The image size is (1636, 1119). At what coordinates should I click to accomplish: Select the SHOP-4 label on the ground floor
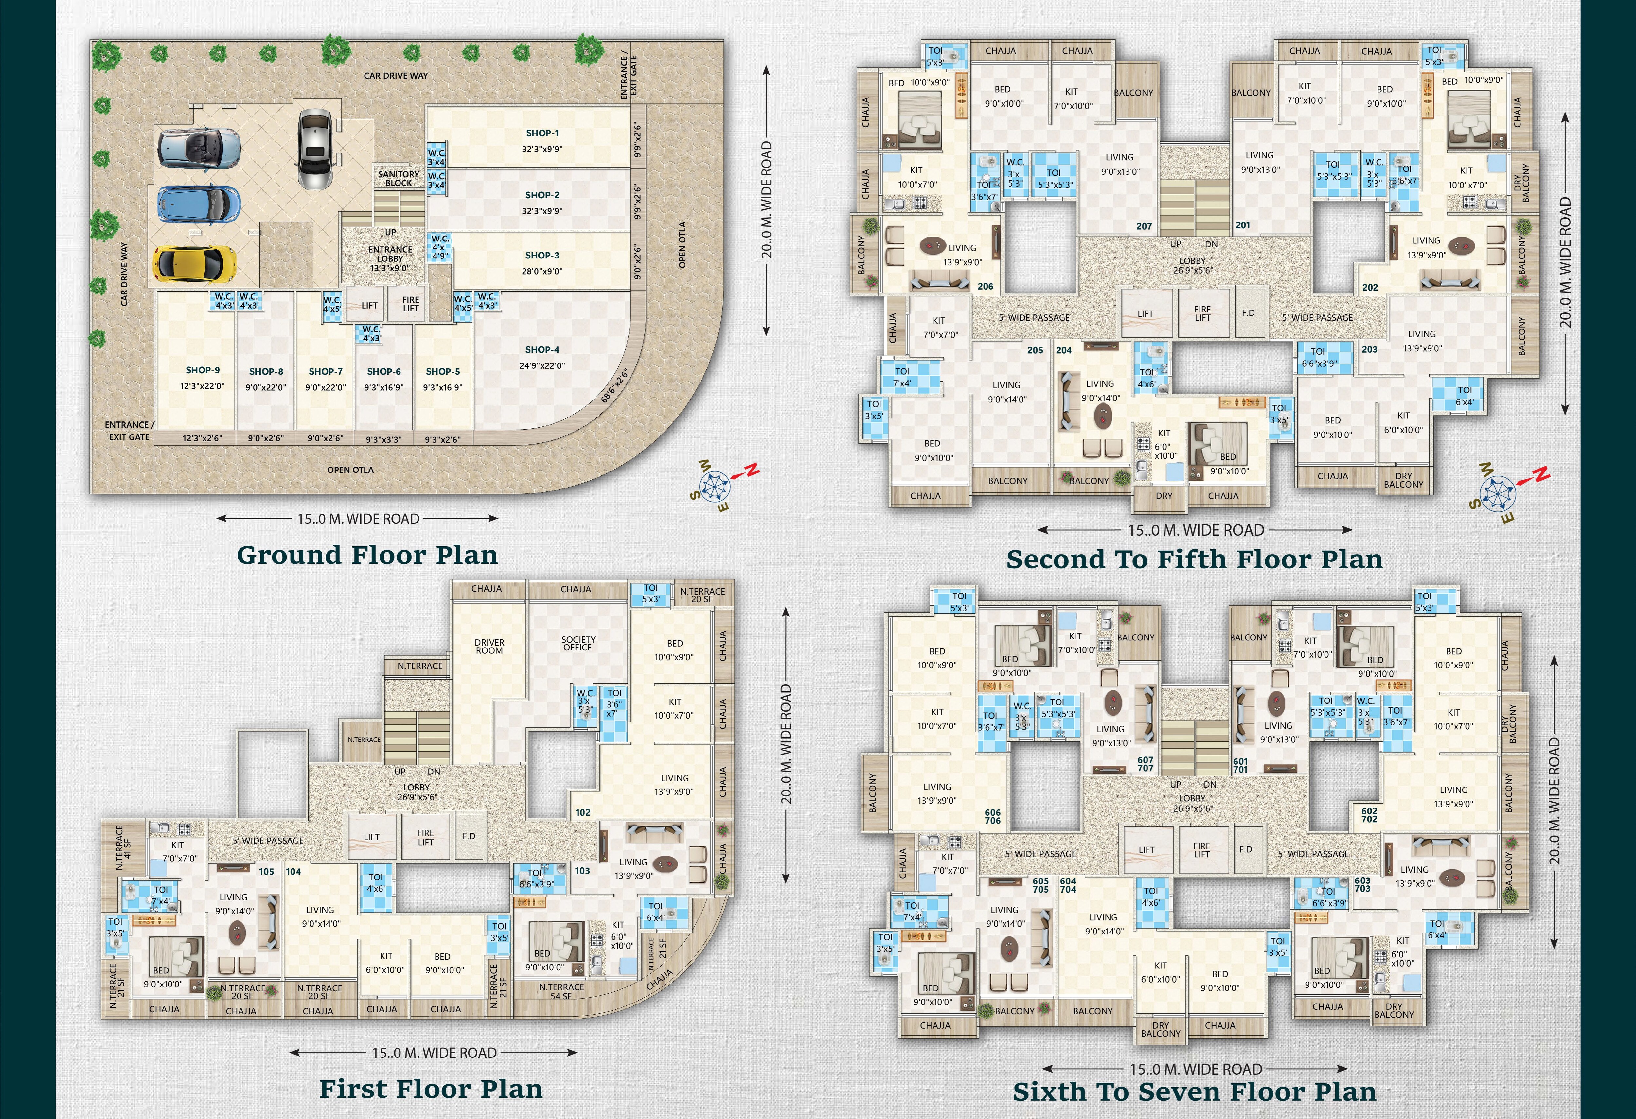pyautogui.click(x=542, y=350)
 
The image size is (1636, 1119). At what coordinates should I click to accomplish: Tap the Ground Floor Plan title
pyautogui.click(x=367, y=555)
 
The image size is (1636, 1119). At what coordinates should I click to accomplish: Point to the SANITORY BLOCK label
pyautogui.click(x=399, y=178)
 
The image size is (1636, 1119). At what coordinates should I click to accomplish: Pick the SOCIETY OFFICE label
pyautogui.click(x=578, y=643)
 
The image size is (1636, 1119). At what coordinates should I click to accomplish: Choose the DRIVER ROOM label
pyautogui.click(x=489, y=646)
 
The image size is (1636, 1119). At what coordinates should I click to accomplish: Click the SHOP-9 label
pyautogui.click(x=203, y=370)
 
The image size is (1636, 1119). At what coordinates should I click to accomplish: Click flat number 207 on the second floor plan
pyautogui.click(x=1144, y=227)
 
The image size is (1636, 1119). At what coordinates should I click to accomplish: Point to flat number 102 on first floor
pyautogui.click(x=583, y=812)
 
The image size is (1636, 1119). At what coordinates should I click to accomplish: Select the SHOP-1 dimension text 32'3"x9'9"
pyautogui.click(x=542, y=149)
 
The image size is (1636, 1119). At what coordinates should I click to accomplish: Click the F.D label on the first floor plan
pyautogui.click(x=469, y=836)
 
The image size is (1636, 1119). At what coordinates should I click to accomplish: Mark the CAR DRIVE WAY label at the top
pyautogui.click(x=396, y=75)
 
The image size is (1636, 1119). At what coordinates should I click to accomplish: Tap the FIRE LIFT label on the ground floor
pyautogui.click(x=410, y=304)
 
